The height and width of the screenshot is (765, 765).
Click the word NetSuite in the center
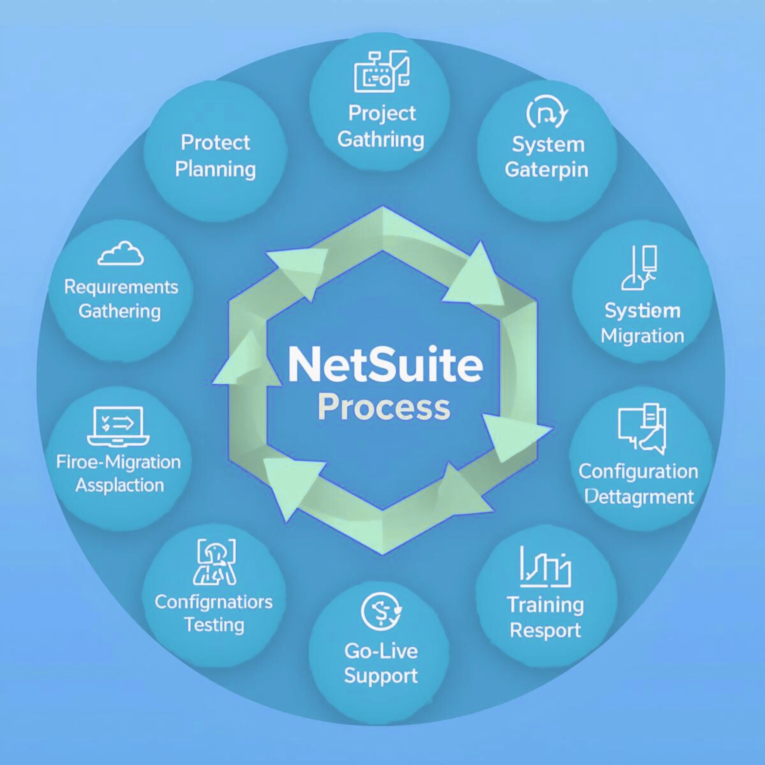click(x=385, y=365)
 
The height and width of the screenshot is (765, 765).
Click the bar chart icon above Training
click(x=545, y=567)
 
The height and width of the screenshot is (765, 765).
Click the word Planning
click(x=216, y=170)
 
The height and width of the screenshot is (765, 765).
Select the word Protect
click(x=216, y=143)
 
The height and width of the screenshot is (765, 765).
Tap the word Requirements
click(x=121, y=288)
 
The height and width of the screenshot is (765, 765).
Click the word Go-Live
click(x=381, y=651)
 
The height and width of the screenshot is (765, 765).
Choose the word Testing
click(x=214, y=625)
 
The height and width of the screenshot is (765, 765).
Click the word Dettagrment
click(x=639, y=496)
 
